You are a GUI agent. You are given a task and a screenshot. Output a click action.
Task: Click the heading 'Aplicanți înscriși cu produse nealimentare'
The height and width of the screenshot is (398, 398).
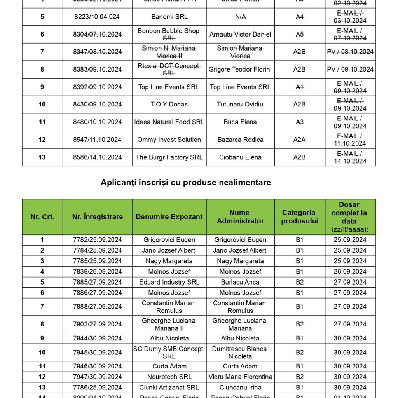point(186,182)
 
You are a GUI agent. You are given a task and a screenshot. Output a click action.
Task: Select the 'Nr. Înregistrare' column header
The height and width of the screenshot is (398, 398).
point(98,217)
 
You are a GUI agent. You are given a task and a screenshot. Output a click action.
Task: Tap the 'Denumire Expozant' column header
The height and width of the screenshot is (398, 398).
point(169,217)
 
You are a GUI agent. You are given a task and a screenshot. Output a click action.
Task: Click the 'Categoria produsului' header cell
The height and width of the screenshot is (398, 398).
point(300,217)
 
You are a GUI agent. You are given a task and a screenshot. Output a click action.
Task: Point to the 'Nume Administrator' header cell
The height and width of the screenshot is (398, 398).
point(240,217)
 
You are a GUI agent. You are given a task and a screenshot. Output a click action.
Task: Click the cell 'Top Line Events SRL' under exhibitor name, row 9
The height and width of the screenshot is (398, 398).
point(169,87)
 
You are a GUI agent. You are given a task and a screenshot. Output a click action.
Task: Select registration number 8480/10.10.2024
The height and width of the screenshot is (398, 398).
point(98,122)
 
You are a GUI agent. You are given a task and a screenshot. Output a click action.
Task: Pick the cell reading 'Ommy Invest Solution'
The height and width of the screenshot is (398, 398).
point(169,140)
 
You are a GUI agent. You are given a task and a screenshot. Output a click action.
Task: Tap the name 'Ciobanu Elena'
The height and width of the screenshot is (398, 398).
point(240,157)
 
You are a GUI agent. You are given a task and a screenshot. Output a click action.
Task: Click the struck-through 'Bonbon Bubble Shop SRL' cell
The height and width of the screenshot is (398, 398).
point(169,34)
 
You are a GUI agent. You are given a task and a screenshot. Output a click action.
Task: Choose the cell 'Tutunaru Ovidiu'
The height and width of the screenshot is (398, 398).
point(240,105)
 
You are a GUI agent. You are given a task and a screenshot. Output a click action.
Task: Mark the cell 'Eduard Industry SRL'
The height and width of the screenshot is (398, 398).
point(169,282)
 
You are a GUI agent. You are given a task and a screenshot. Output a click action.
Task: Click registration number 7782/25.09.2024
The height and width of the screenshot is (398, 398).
point(98,240)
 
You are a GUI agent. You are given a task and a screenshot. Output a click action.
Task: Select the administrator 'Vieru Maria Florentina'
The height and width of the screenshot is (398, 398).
point(240,377)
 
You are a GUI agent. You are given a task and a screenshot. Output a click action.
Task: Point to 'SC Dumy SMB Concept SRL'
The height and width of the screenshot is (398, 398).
point(169,353)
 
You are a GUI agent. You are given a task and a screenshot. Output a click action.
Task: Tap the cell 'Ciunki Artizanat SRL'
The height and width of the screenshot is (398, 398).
point(169,388)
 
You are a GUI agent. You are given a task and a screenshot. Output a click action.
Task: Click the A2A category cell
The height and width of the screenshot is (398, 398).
point(299,140)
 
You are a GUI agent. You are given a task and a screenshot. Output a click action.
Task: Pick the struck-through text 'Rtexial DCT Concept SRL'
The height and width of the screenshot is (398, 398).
point(169,69)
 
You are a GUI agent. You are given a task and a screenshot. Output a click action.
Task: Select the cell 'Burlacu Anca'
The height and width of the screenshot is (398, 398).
point(240,282)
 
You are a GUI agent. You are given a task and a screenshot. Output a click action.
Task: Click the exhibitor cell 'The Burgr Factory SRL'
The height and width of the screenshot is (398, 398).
point(169,157)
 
